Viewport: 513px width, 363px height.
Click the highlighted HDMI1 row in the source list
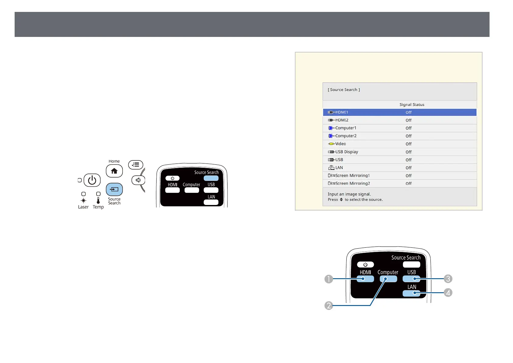(x=399, y=112)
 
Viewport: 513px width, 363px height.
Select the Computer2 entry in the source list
(x=346, y=136)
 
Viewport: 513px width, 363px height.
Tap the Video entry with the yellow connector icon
(x=340, y=144)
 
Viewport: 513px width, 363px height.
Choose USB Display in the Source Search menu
(x=346, y=152)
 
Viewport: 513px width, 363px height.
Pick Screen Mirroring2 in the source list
(x=352, y=184)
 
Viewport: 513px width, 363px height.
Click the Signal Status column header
(x=412, y=105)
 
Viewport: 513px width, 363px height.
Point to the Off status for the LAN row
(x=409, y=168)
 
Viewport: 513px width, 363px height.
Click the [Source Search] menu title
(x=344, y=90)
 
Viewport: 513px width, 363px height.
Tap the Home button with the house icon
(x=114, y=171)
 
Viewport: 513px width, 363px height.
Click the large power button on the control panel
(x=92, y=180)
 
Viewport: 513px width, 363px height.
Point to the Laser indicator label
(x=83, y=207)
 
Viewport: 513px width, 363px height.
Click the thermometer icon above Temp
(x=98, y=200)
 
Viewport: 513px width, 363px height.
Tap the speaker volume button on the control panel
(x=138, y=180)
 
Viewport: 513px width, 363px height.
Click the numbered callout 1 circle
(x=329, y=279)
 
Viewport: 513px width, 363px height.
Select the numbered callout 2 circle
(x=329, y=305)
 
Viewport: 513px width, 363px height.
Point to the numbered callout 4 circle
(x=448, y=293)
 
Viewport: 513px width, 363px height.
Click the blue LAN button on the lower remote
(x=411, y=293)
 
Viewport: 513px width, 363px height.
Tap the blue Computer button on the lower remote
(x=388, y=279)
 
